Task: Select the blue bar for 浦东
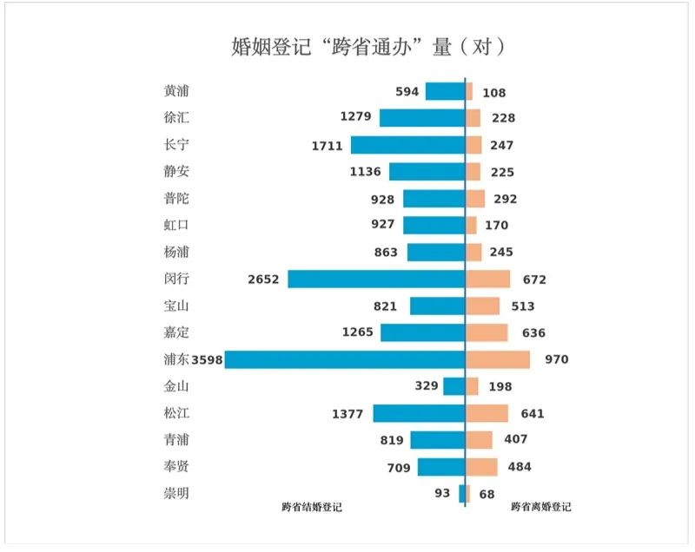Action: click(x=345, y=359)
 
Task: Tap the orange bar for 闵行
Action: click(x=488, y=279)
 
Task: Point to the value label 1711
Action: click(x=328, y=145)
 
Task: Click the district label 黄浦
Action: click(x=175, y=91)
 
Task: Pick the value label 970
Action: click(x=556, y=359)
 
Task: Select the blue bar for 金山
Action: click(x=454, y=386)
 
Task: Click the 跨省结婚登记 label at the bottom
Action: click(x=312, y=507)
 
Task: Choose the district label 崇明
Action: click(x=175, y=494)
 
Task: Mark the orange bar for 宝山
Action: click(x=483, y=306)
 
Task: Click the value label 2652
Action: click(x=263, y=279)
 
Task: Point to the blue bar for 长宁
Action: click(x=407, y=145)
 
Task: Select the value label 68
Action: click(x=486, y=494)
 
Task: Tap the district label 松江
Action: click(x=175, y=413)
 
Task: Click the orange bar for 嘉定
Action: click(x=487, y=332)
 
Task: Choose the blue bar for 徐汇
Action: click(x=422, y=118)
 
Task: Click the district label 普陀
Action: click(x=175, y=198)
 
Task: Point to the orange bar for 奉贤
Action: click(x=482, y=467)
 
